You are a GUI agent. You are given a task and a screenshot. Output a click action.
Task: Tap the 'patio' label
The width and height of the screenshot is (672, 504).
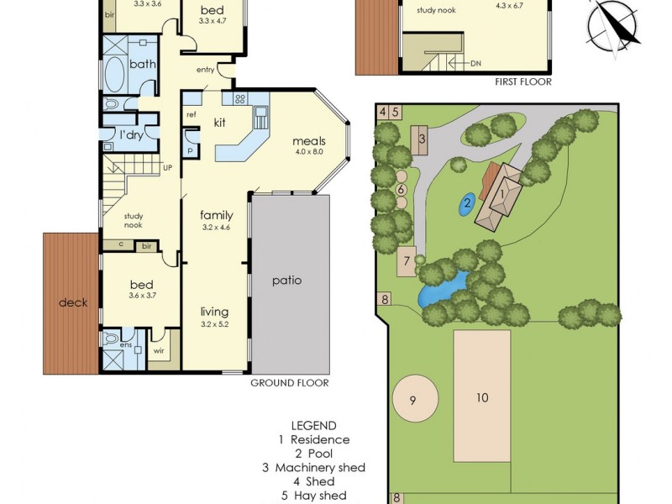click(x=286, y=281)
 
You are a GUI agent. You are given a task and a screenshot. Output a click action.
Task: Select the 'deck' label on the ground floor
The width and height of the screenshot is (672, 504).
click(x=73, y=303)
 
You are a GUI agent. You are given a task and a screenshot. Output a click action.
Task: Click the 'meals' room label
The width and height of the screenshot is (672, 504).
click(x=309, y=141)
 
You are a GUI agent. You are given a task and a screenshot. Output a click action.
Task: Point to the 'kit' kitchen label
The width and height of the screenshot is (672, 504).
click(x=220, y=123)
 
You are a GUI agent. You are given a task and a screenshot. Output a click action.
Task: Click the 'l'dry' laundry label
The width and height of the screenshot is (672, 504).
click(x=130, y=135)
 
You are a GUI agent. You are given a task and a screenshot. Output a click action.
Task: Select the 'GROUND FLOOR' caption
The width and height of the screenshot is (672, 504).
click(x=290, y=383)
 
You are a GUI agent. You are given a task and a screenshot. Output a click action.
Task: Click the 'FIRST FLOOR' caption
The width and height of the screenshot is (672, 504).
click(x=523, y=81)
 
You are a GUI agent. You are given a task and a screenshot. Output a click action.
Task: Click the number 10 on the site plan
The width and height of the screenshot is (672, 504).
click(x=482, y=397)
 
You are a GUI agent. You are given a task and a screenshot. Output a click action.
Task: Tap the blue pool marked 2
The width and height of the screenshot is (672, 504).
click(x=467, y=202)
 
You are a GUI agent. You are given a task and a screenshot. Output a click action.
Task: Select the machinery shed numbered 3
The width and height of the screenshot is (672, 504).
click(x=423, y=139)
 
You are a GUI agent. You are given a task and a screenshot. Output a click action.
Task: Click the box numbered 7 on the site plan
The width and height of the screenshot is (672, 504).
click(x=407, y=260)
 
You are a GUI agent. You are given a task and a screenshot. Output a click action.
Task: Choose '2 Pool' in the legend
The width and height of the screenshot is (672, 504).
click(x=313, y=454)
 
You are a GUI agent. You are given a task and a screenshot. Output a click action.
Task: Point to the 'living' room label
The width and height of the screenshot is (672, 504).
click(x=215, y=311)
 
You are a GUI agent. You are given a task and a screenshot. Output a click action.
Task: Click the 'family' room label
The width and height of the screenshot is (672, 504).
click(x=216, y=216)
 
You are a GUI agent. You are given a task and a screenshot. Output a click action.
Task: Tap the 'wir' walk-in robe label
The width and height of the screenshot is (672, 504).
click(x=160, y=352)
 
